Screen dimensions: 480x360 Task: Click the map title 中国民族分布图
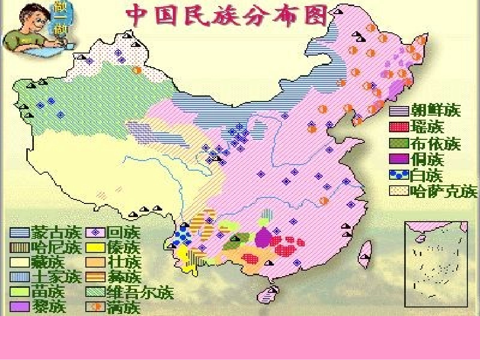tap(227, 16)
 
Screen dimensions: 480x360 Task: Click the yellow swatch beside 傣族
tap(95, 248)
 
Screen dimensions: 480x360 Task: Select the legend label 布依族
tap(436, 143)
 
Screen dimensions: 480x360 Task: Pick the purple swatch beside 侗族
tap(399, 160)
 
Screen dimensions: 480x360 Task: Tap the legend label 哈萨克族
tap(443, 192)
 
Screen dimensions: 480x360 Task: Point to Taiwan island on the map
tap(365, 253)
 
